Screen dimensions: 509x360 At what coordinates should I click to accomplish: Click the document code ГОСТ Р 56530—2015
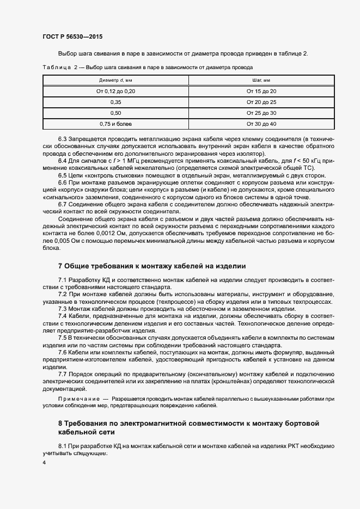point(72,36)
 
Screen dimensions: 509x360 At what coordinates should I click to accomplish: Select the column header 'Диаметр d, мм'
point(115,81)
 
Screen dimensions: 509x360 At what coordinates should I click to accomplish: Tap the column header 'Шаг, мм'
point(261,81)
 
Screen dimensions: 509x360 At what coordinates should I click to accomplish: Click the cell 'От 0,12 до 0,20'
point(115,91)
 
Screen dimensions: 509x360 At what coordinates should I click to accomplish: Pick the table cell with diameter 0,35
point(115,102)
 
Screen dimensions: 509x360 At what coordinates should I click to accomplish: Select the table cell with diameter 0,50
point(115,113)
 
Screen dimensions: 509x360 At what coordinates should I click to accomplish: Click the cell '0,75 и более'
point(115,124)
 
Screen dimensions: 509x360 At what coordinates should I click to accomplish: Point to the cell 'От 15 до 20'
point(261,91)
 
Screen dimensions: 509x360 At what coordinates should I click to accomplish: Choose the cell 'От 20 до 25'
point(261,102)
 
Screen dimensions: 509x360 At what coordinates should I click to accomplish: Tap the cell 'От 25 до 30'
point(261,113)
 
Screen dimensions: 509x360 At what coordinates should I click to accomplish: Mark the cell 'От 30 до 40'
point(261,124)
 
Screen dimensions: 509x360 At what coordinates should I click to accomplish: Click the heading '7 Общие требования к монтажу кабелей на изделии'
point(152,266)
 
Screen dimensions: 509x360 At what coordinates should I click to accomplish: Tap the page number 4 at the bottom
point(44,462)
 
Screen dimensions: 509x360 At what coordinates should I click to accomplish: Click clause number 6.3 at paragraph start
point(63,140)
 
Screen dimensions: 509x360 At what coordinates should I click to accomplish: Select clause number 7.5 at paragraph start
point(63,338)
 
